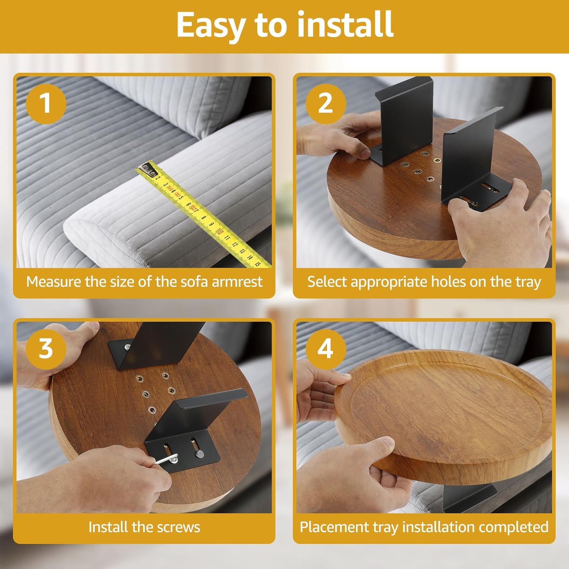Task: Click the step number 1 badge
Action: pos(46,104)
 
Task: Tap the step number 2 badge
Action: pos(325,104)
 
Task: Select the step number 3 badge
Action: pos(46,349)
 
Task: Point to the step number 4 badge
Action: pos(325,349)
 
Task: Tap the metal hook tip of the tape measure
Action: pos(146,168)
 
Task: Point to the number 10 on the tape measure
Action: pos(219,231)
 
